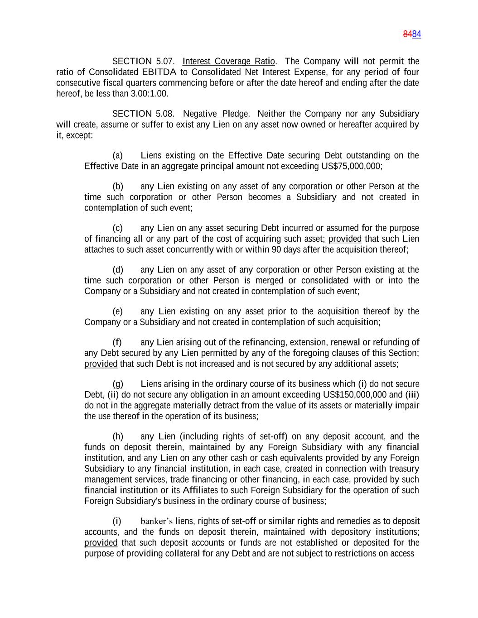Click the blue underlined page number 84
point(417,34)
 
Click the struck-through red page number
point(408,34)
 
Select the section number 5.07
point(165,61)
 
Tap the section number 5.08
point(165,114)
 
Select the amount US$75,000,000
point(351,166)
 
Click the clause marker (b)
point(118,187)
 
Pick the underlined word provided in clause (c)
point(345,239)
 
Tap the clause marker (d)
point(118,270)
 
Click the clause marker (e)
point(118,311)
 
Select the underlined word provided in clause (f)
point(101,364)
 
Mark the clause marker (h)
point(118,436)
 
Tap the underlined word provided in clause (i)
point(101,543)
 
